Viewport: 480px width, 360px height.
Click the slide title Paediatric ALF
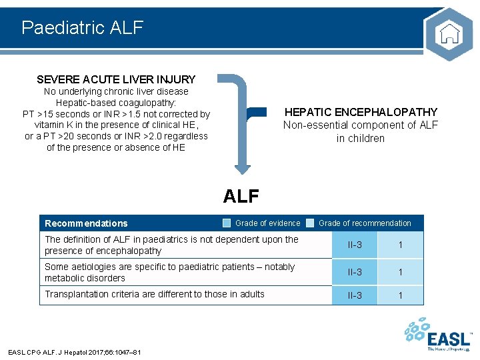[82, 27]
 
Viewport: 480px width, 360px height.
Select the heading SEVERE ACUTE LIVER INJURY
[116, 79]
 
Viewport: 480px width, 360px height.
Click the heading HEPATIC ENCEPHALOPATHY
[361, 112]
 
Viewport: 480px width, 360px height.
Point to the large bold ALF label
[241, 195]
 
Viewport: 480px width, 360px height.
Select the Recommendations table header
[86, 223]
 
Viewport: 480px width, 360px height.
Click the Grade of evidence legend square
[227, 223]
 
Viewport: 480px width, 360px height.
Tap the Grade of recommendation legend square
[310, 223]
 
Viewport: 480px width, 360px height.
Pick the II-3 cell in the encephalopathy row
[355, 245]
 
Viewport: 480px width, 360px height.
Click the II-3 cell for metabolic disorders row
[355, 273]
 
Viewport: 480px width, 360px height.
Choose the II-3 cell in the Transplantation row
[355, 295]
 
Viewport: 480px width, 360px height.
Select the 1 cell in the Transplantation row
[400, 295]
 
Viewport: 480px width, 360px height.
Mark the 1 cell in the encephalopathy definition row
[400, 245]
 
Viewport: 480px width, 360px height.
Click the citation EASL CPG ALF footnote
[74, 352]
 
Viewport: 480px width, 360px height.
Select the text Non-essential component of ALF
[361, 125]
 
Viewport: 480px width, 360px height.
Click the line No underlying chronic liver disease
[116, 91]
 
